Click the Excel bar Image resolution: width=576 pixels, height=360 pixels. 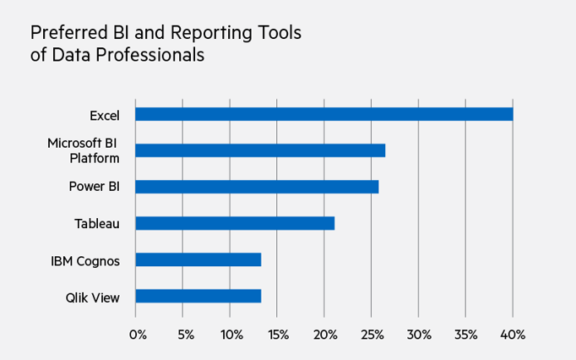(323, 114)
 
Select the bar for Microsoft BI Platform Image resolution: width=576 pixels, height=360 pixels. (260, 150)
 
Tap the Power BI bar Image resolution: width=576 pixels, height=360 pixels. (257, 187)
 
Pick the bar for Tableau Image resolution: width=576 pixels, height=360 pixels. (235, 223)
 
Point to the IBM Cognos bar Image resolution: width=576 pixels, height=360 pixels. (198, 259)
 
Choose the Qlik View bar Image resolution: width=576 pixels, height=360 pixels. (198, 296)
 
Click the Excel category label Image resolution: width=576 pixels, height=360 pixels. (105, 114)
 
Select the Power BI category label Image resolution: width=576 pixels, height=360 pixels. (94, 187)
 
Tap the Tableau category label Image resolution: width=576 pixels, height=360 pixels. (97, 223)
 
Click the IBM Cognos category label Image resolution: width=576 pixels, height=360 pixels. (85, 259)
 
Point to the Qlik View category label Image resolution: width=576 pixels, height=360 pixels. (93, 296)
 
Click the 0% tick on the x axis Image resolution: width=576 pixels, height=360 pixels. (137, 335)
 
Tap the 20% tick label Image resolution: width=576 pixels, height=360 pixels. (325, 335)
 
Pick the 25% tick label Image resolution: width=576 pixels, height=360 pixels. (372, 335)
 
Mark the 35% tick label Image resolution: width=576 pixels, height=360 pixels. (466, 335)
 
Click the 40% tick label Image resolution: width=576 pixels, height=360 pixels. (514, 335)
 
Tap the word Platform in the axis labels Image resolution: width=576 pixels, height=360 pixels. (94, 157)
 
